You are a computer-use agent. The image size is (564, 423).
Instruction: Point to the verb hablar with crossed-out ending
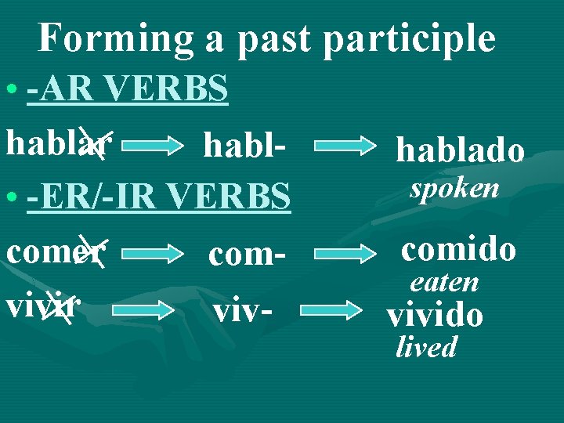(59, 143)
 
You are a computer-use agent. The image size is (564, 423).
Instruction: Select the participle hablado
(460, 149)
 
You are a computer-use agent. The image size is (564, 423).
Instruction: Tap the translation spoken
(454, 188)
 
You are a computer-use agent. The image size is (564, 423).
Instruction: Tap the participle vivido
(435, 315)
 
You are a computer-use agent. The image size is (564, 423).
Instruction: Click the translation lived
(426, 347)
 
